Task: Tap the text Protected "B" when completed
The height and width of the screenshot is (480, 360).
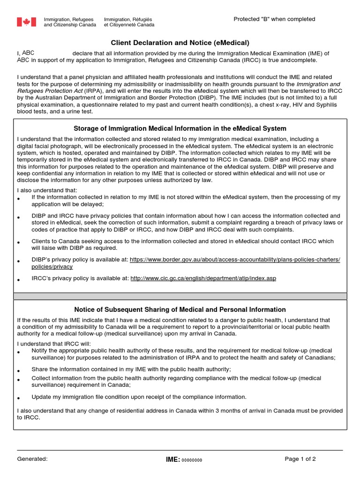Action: click(x=274, y=19)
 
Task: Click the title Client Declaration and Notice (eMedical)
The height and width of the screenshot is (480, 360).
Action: click(x=180, y=43)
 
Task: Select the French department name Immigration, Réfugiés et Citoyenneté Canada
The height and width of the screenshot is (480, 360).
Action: click(x=129, y=22)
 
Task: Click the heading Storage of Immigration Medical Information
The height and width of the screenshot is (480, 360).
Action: click(x=180, y=128)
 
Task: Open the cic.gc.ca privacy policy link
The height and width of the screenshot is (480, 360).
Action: click(x=203, y=278)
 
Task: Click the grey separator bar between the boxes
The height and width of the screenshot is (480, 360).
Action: click(x=180, y=296)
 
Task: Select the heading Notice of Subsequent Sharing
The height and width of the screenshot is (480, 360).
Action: click(x=180, y=309)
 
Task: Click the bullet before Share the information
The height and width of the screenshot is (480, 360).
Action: click(x=19, y=371)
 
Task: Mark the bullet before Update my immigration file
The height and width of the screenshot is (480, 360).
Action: click(x=19, y=398)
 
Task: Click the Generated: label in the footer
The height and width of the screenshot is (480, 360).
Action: click(x=32, y=459)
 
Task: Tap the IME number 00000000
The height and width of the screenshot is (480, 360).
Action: click(x=192, y=460)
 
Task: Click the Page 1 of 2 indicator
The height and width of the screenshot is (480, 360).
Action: click(x=300, y=459)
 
